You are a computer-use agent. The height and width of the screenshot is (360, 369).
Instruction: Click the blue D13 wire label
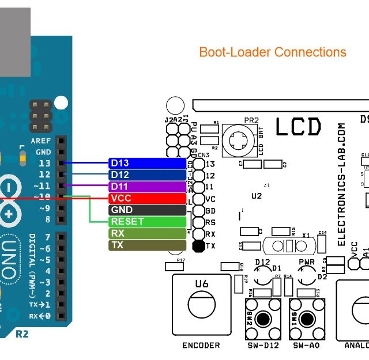pyautogui.click(x=147, y=163)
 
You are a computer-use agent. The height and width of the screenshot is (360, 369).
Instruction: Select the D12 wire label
pyautogui.click(x=147, y=175)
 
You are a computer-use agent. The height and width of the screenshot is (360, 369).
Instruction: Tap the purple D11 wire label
pyautogui.click(x=147, y=187)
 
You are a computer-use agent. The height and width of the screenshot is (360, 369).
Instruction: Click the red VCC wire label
pyautogui.click(x=147, y=198)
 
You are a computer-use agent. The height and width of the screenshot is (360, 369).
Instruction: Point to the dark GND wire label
pyautogui.click(x=147, y=210)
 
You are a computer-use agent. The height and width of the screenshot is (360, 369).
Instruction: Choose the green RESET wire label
pyautogui.click(x=147, y=222)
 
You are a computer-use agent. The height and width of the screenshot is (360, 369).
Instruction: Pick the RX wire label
pyautogui.click(x=147, y=233)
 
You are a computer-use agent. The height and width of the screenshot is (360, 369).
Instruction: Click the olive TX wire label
pyautogui.click(x=147, y=245)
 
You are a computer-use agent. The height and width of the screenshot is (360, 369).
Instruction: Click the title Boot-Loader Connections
pyautogui.click(x=272, y=52)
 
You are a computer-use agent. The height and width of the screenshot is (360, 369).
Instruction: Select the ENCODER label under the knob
pyautogui.click(x=201, y=346)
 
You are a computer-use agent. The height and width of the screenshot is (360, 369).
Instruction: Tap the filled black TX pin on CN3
pyautogui.click(x=198, y=246)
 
